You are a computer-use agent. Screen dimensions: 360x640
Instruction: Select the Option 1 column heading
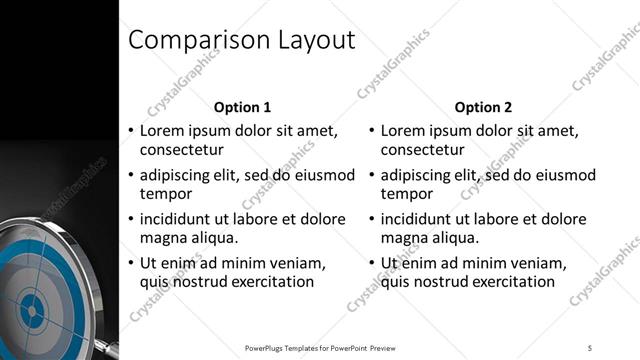coord(243,107)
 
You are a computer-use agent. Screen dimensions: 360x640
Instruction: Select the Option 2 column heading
coord(483,107)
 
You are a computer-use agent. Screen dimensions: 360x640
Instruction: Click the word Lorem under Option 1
coord(162,131)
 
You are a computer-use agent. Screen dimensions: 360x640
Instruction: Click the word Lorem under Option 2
coord(403,131)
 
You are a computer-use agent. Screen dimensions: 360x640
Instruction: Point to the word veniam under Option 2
coord(538,263)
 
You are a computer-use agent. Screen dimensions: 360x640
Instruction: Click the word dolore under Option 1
coord(322,219)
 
